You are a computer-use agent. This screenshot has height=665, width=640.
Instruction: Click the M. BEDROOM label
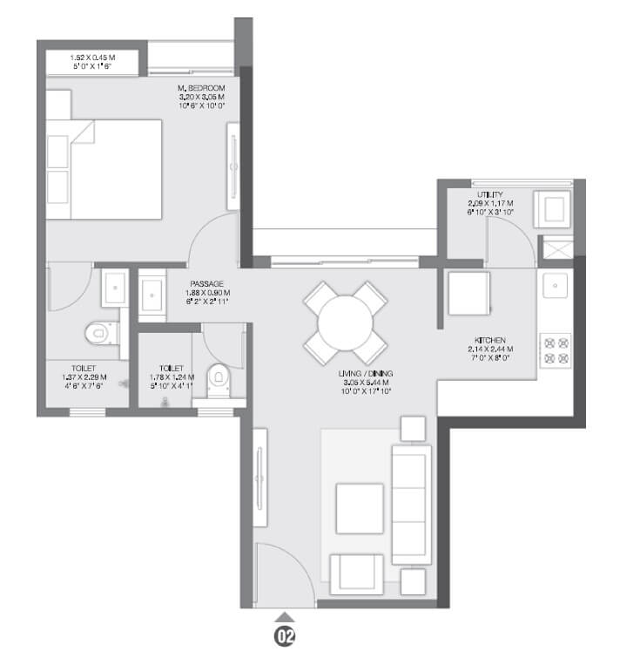(200, 88)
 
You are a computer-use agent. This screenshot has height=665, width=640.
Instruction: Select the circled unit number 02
(285, 638)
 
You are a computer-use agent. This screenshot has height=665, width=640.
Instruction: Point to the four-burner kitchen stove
(556, 349)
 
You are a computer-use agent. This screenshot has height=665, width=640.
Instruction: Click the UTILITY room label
(489, 194)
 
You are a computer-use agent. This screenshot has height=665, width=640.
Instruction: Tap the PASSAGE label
(207, 284)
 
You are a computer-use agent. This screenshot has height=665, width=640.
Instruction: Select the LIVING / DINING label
(367, 373)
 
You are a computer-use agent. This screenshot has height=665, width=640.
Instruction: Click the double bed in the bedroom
(104, 169)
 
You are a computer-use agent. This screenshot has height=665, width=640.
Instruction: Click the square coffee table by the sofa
(360, 508)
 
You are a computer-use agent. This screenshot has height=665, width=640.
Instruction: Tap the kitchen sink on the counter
(555, 285)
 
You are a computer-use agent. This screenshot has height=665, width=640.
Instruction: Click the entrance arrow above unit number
(285, 617)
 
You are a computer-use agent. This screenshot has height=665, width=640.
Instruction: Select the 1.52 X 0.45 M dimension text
(92, 58)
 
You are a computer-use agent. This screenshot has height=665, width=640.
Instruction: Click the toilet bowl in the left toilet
(99, 332)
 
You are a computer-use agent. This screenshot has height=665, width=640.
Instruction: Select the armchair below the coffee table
(354, 573)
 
